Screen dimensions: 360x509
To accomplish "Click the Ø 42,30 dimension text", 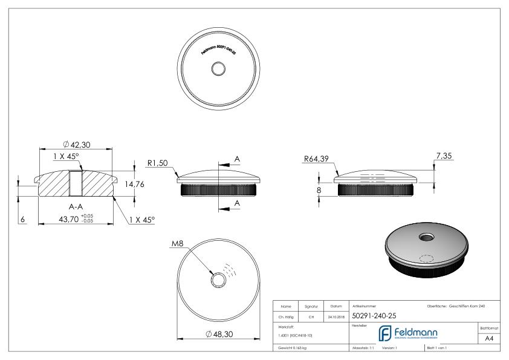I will (77, 145).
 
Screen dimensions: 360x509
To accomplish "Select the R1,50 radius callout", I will (157, 162).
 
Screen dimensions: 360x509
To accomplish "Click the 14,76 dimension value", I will (134, 185).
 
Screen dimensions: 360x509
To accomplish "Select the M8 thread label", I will (177, 244).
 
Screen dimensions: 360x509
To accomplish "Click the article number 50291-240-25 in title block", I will (374, 315).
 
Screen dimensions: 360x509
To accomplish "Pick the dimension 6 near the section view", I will (23, 220).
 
